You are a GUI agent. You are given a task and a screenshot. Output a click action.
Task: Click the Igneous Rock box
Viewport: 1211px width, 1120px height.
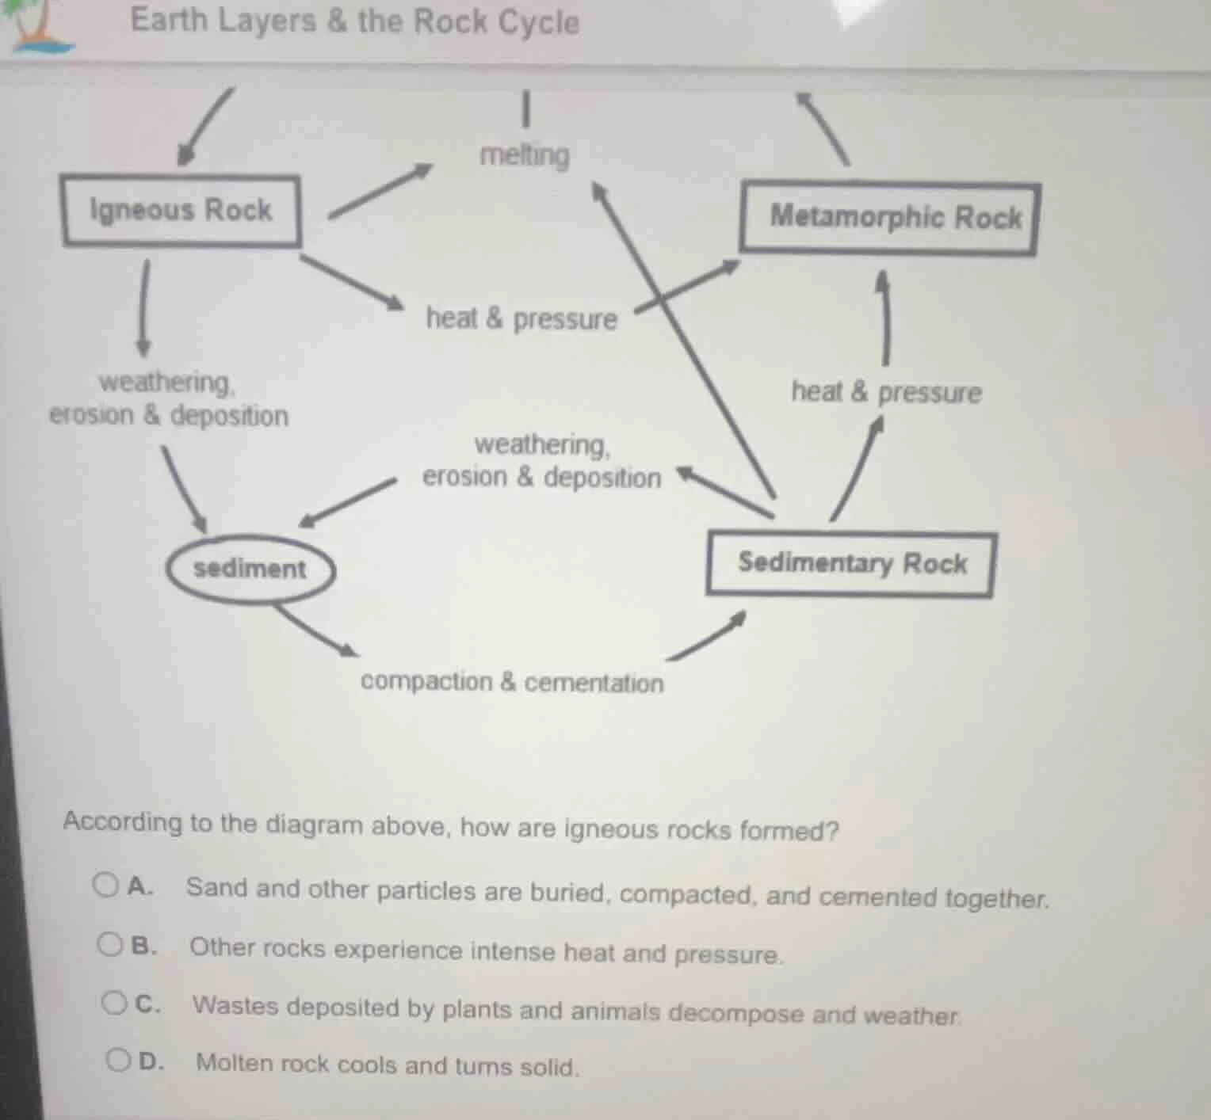[181, 211]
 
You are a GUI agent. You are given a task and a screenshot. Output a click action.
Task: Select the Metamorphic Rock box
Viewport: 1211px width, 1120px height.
[889, 218]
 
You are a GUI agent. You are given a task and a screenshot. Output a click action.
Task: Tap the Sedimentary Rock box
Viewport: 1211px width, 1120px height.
[850, 564]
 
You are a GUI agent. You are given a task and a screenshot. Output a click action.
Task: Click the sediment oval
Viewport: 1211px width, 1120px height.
[250, 569]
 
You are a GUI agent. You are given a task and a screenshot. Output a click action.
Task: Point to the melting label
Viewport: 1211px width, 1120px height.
[525, 154]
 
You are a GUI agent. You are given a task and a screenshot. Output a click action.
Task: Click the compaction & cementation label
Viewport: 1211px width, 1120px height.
[512, 682]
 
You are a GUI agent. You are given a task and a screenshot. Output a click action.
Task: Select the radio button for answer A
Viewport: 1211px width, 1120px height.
[105, 884]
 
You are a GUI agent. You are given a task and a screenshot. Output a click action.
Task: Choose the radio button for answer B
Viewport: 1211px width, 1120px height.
[109, 944]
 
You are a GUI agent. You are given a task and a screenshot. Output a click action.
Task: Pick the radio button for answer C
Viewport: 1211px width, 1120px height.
[114, 1003]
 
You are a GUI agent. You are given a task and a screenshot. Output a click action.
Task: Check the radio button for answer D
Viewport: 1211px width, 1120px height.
[118, 1060]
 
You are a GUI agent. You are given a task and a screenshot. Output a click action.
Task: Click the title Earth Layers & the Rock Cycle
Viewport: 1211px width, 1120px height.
[355, 21]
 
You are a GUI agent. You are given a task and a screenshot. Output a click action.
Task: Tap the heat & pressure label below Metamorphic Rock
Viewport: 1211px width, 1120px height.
[886, 392]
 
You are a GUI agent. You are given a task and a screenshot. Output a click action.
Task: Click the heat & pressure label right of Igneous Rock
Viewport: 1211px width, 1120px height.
[521, 318]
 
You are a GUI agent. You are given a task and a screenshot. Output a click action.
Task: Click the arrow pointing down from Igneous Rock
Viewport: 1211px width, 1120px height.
[143, 309]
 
